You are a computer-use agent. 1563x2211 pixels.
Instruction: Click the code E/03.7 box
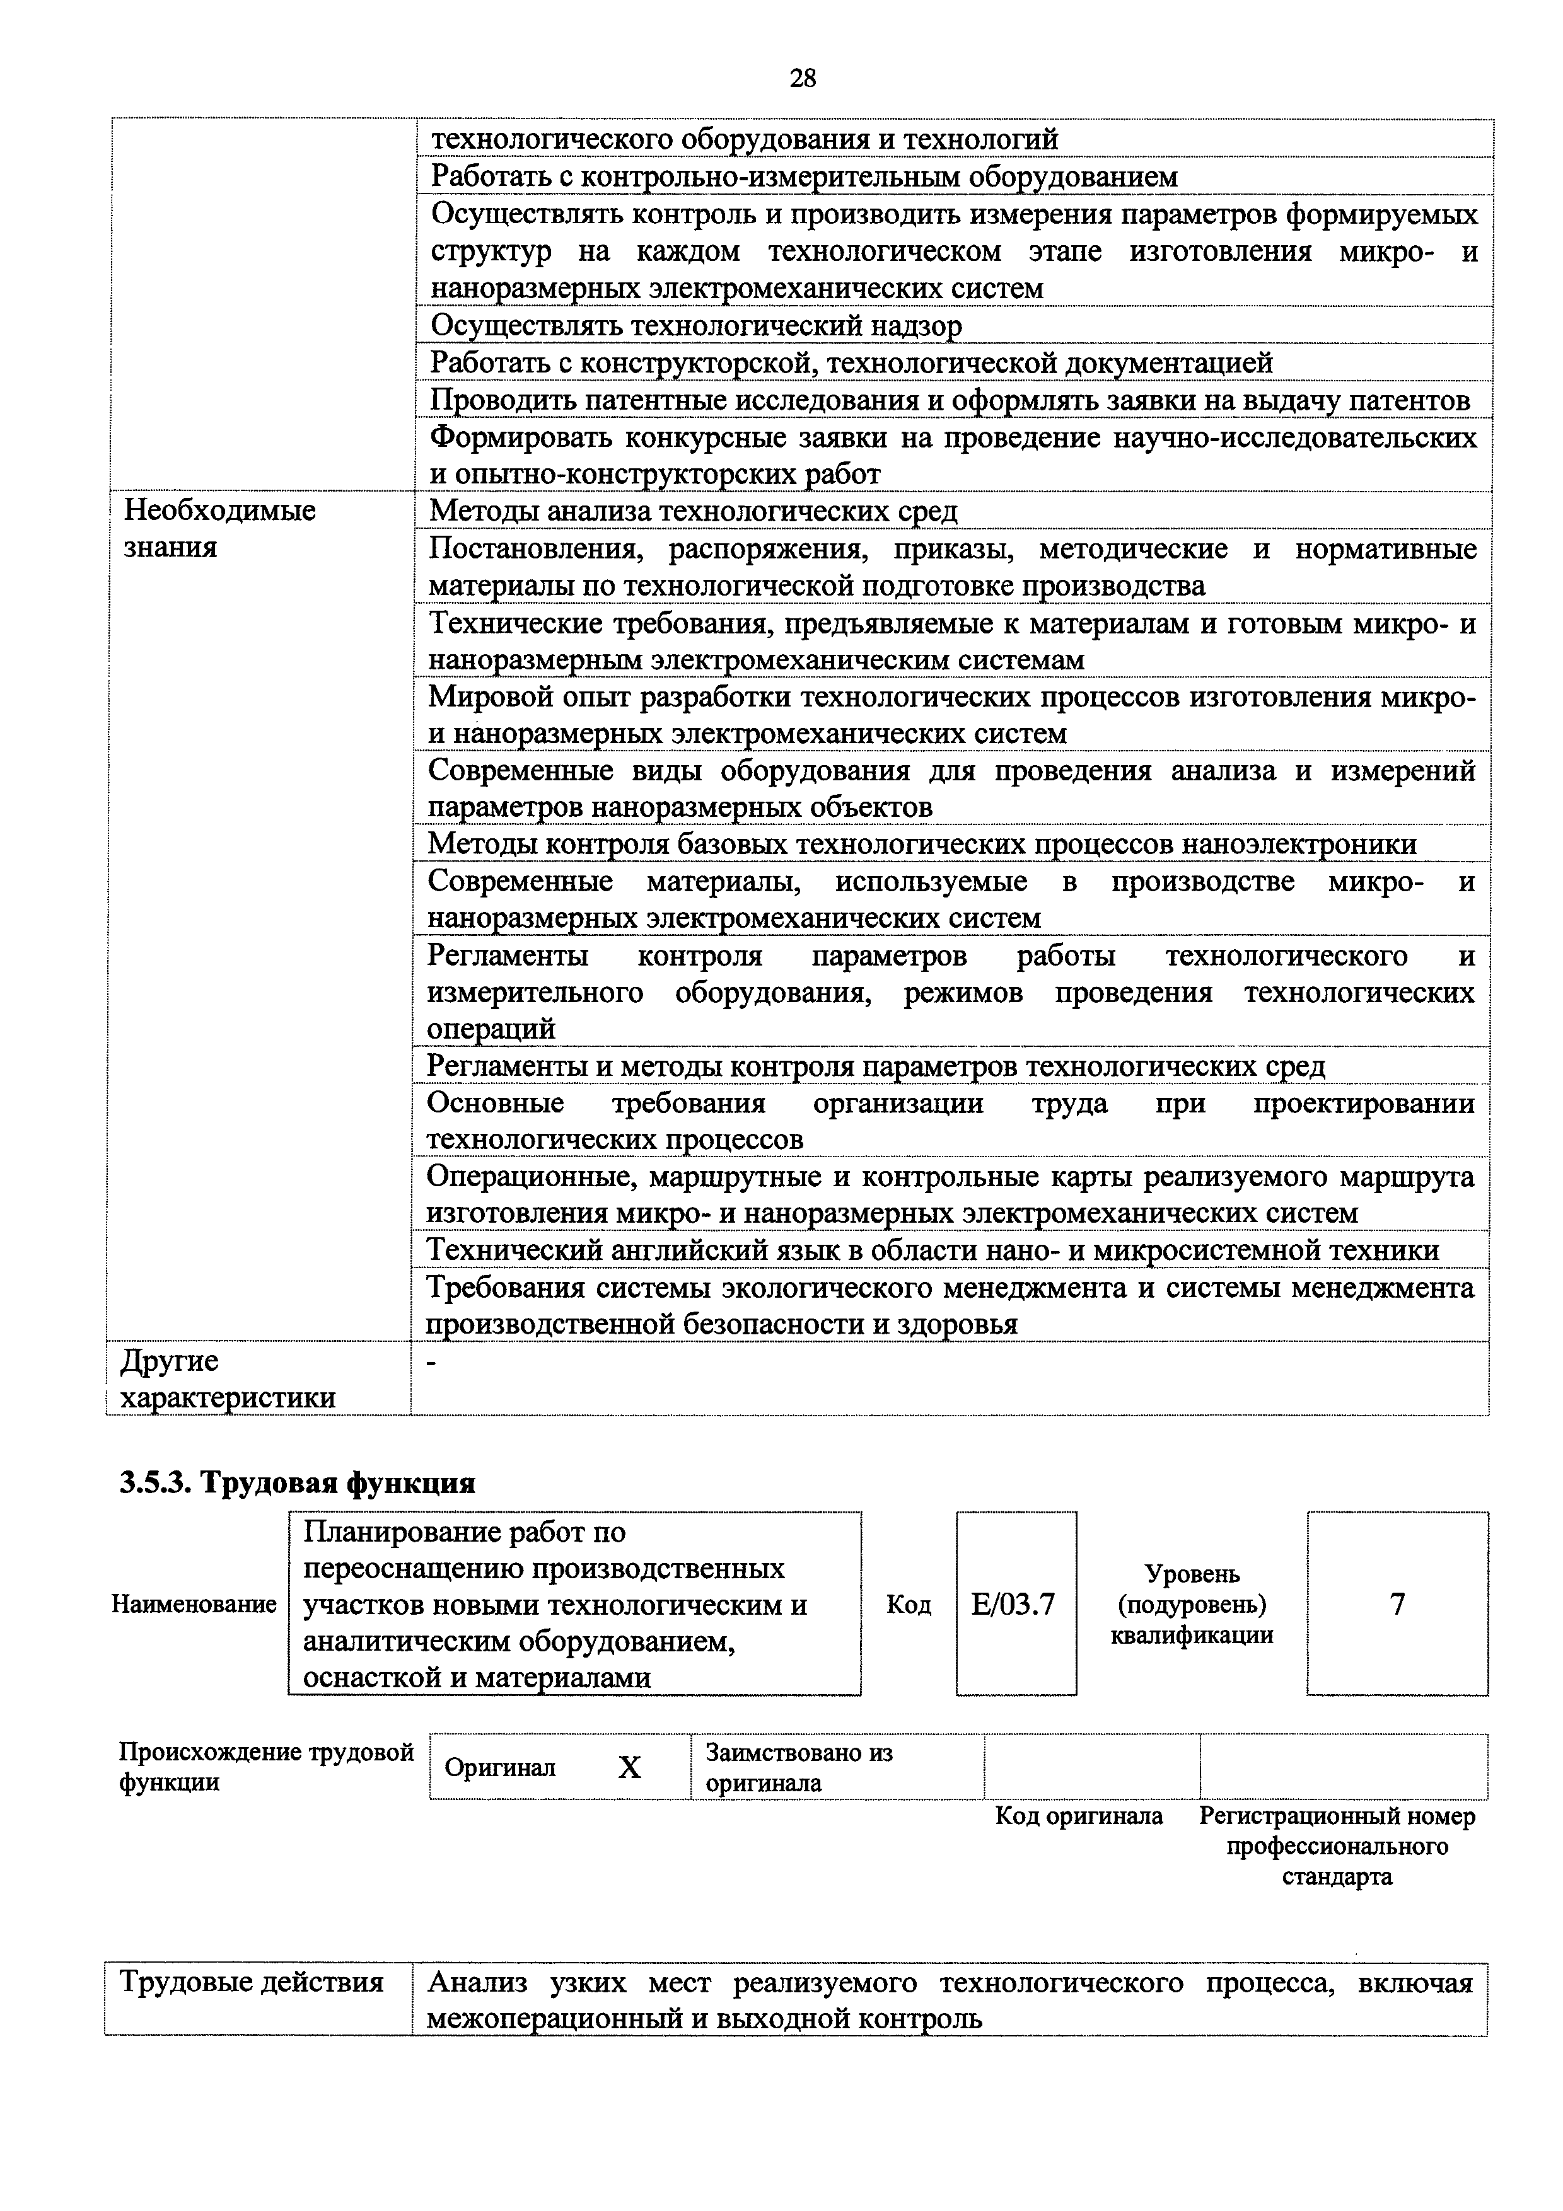pos(1015,1603)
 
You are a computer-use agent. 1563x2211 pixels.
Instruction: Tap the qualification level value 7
pos(1397,1603)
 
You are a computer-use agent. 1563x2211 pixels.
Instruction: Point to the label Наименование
pos(194,1604)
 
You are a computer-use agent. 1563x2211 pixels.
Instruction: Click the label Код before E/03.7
pos(908,1604)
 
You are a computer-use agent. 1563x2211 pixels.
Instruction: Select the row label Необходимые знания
pos(219,529)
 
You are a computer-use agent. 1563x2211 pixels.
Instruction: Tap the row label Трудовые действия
pos(252,1982)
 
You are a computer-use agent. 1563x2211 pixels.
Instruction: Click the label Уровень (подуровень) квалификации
pos(1191,1604)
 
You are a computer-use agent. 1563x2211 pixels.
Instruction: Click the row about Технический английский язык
pos(933,1250)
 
